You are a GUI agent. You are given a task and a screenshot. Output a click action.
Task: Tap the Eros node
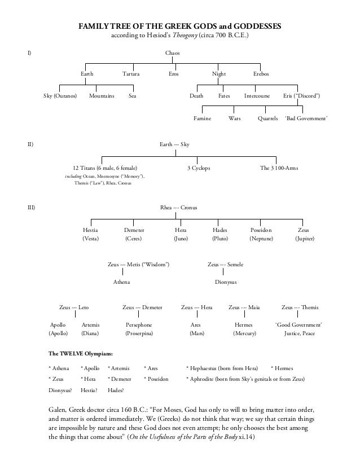(x=174, y=74)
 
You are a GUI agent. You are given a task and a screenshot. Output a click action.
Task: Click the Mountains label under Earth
(x=102, y=96)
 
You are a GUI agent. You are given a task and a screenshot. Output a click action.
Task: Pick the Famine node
(x=202, y=119)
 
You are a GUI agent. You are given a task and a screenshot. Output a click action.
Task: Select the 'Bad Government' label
(x=307, y=119)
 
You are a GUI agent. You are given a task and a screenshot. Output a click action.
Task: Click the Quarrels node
(x=267, y=119)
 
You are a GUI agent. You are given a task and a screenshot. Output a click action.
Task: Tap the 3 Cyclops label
(x=199, y=168)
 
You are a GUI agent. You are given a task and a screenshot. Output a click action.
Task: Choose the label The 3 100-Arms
(x=279, y=168)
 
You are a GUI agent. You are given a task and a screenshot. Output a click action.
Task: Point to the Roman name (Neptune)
(x=261, y=239)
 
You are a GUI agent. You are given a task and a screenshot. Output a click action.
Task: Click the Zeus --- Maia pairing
(x=244, y=307)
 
